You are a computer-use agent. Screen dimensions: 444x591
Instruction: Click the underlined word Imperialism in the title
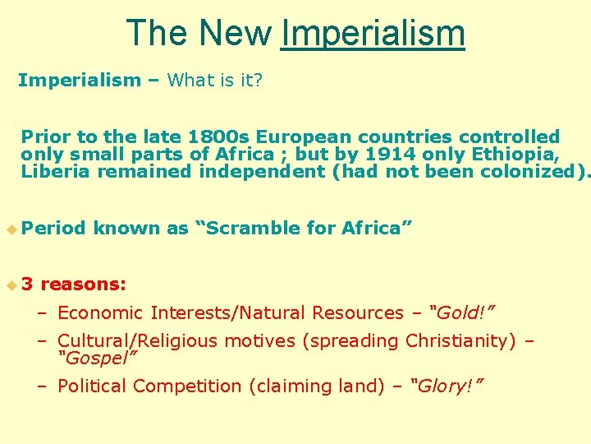(x=373, y=35)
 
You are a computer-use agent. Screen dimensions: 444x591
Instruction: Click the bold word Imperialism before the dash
(x=79, y=80)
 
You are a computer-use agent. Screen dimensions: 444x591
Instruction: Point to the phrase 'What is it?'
(x=215, y=80)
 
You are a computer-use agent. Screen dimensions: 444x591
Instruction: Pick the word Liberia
(x=56, y=171)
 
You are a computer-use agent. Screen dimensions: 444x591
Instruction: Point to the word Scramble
(x=254, y=228)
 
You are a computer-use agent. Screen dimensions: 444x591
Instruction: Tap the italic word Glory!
(x=447, y=386)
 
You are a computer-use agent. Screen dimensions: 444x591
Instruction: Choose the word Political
(x=92, y=386)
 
